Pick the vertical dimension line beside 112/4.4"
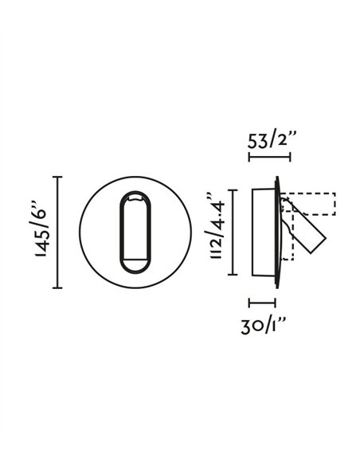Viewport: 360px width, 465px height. [232, 232]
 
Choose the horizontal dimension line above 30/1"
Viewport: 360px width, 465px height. [262, 303]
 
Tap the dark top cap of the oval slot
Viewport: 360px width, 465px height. [134, 196]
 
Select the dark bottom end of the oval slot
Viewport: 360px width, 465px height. [134, 268]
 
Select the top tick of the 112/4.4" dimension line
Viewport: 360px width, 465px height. [232, 190]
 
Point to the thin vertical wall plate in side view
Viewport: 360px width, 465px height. [278, 232]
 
